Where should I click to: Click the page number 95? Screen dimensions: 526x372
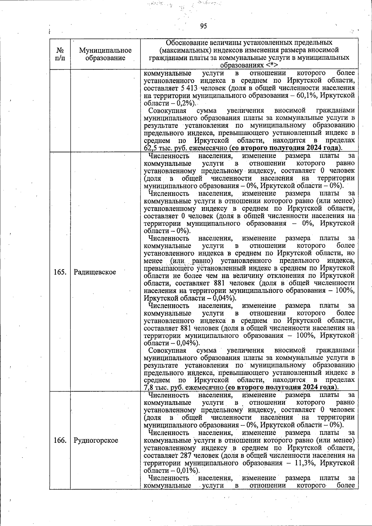tap(203, 26)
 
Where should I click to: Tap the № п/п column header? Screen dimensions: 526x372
tap(60, 54)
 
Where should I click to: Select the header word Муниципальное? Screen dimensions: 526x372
tap(105, 50)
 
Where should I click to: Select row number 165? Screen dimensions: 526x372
tap(60, 272)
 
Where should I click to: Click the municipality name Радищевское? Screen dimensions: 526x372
tap(95, 272)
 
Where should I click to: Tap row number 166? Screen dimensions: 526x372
tap(60, 440)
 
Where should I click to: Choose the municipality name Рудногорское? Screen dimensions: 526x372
tap(96, 440)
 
